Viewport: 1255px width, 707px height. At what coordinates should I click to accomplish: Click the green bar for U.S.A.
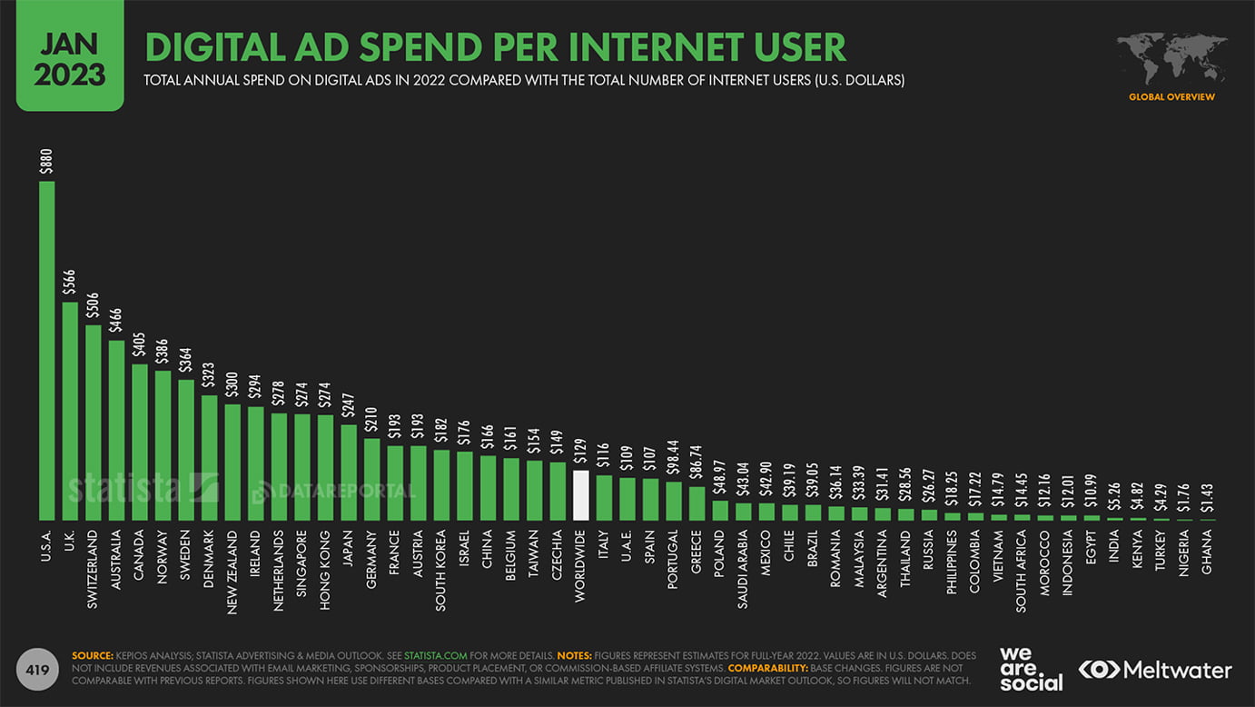click(47, 350)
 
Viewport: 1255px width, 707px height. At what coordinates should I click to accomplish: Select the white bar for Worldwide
click(581, 495)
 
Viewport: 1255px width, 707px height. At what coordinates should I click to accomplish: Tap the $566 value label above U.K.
click(70, 284)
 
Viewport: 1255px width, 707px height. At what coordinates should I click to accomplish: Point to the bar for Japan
click(349, 472)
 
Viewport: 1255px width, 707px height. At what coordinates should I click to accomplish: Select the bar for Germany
click(372, 479)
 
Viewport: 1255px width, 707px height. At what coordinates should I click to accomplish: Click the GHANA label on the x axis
click(1207, 552)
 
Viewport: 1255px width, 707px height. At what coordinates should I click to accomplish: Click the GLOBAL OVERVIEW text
click(1171, 97)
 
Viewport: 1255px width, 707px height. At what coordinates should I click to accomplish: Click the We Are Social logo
click(1031, 669)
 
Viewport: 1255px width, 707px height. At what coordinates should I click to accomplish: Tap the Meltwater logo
click(1155, 670)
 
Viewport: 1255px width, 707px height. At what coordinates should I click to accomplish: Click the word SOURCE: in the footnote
click(93, 654)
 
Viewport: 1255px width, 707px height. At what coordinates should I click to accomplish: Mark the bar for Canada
click(140, 442)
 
